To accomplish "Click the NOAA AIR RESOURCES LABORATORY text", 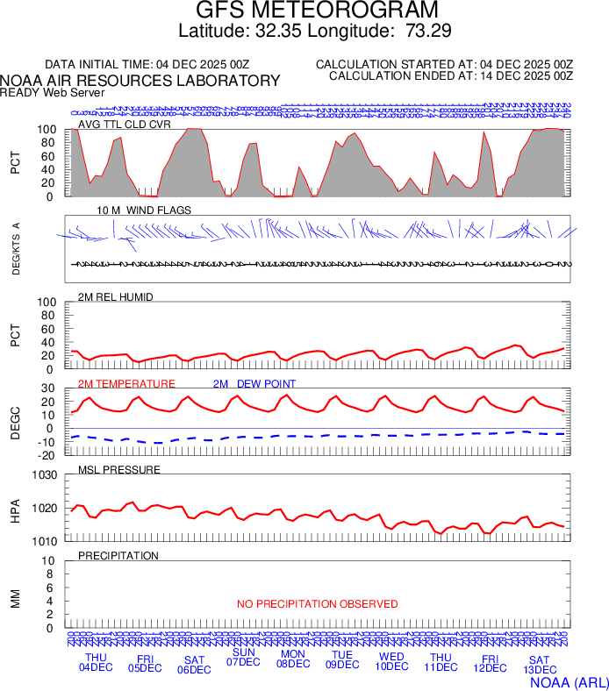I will tap(140, 81).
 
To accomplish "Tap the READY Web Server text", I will tap(53, 93).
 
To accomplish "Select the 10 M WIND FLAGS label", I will tap(144, 210).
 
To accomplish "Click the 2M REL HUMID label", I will tap(116, 297).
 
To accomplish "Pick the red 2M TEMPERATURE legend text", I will tap(126, 384).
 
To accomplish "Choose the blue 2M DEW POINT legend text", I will tap(254, 384).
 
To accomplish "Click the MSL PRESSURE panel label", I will tap(119, 470).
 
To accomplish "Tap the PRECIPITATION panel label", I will tap(118, 556).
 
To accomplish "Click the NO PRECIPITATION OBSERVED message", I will tap(317, 604).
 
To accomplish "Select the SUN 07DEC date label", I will tap(244, 657).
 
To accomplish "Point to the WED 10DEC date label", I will tap(391, 662).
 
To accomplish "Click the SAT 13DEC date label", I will tap(539, 665).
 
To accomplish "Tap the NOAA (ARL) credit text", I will tap(569, 681).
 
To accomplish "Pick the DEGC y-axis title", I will tap(15, 422).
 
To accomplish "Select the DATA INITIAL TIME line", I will tap(147, 65).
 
